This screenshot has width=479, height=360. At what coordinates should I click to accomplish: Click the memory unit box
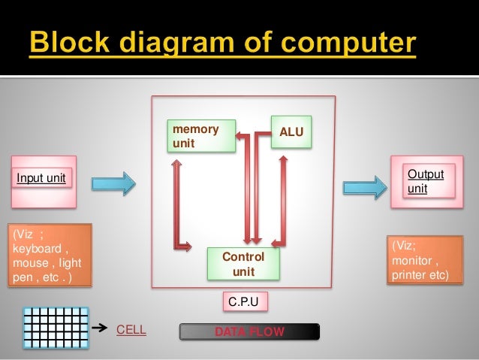click(202, 136)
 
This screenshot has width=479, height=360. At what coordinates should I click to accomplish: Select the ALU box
click(291, 132)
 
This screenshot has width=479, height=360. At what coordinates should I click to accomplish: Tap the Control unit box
click(243, 264)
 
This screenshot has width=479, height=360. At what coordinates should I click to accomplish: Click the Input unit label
click(42, 178)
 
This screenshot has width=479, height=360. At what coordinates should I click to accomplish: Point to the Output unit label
click(425, 181)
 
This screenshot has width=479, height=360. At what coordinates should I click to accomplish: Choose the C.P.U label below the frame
click(245, 302)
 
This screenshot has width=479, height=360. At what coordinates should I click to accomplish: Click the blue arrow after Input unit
click(113, 182)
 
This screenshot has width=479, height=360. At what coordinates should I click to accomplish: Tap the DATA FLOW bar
click(249, 331)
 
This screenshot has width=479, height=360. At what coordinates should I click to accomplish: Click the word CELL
click(131, 329)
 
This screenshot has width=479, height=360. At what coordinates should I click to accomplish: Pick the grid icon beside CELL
click(56, 328)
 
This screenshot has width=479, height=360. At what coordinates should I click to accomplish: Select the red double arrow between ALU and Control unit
click(283, 200)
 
